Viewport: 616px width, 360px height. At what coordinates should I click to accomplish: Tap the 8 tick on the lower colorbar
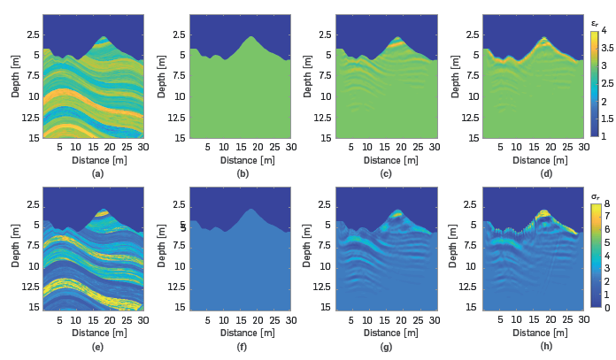(x=607, y=203)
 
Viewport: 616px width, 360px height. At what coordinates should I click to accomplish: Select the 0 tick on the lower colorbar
(x=607, y=307)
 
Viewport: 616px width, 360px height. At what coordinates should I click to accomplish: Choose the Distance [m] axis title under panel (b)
(x=239, y=160)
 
